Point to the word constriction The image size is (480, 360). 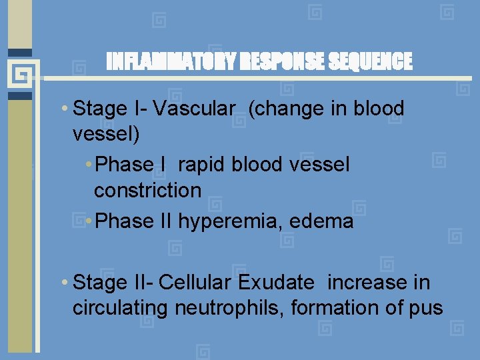coord(147,191)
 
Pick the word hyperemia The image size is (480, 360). coord(230,221)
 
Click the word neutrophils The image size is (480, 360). coord(230,308)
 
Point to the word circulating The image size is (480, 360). coord(121,308)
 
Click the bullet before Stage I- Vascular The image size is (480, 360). coord(63,109)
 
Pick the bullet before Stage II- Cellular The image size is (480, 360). coord(63,283)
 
